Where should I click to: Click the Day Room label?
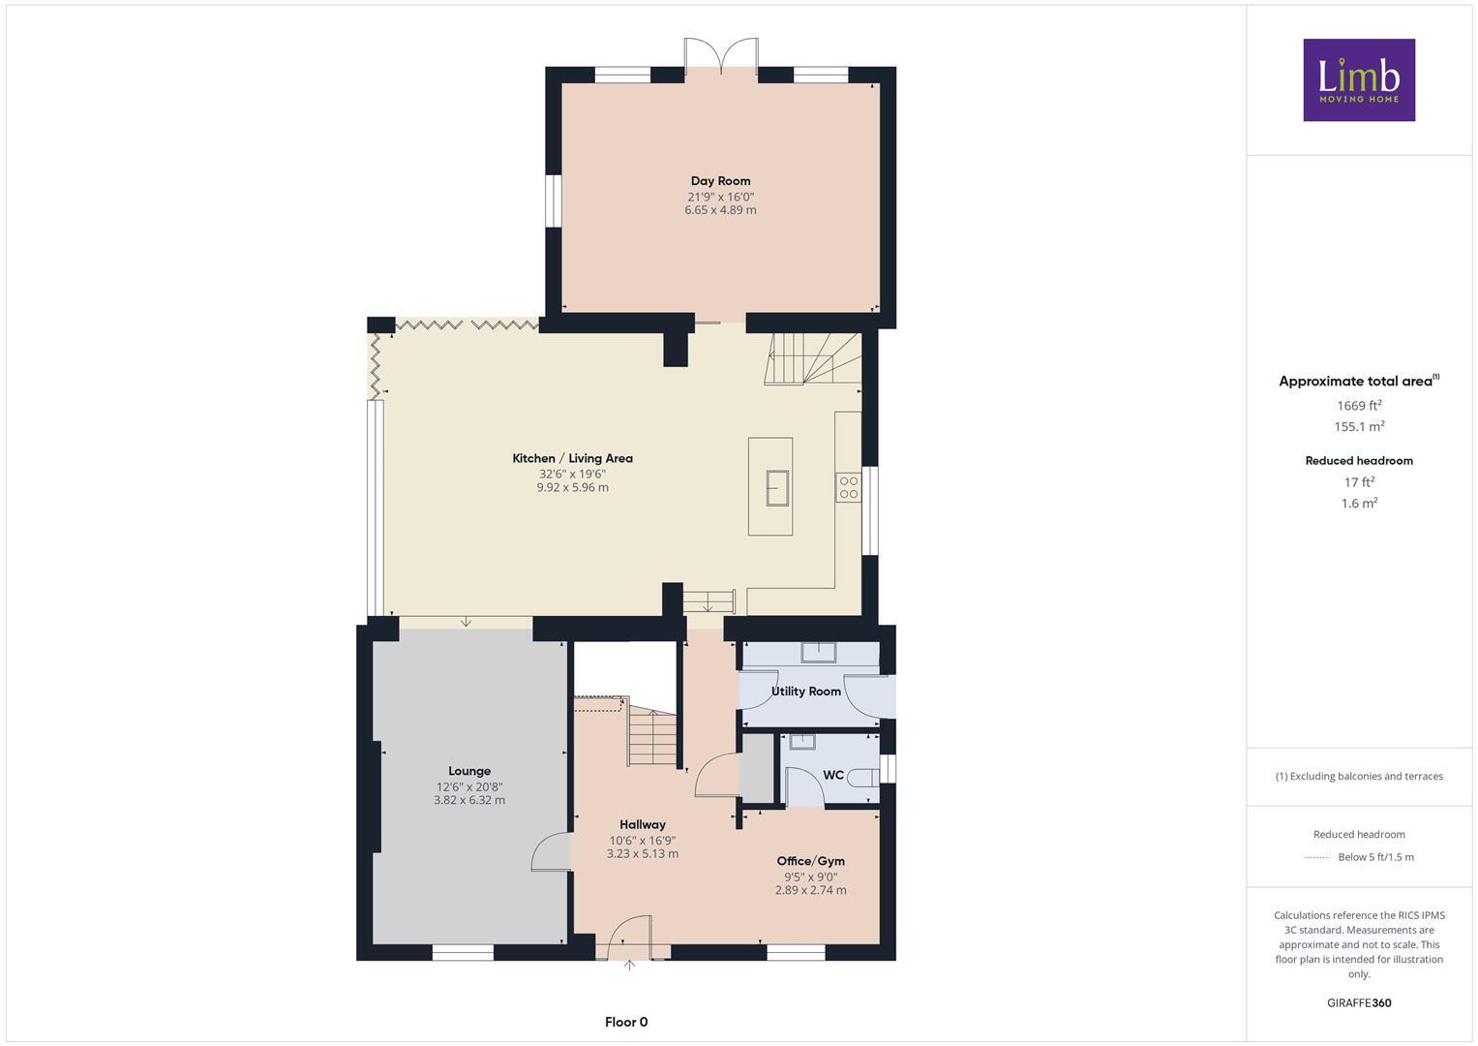pyautogui.click(x=720, y=181)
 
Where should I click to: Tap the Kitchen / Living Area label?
pyautogui.click(x=572, y=458)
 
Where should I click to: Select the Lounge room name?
pyautogui.click(x=468, y=771)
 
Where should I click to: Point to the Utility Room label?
pyautogui.click(x=805, y=692)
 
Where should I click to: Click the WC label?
pyautogui.click(x=832, y=776)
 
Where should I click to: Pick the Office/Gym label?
pyautogui.click(x=810, y=861)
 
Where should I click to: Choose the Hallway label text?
pyautogui.click(x=642, y=824)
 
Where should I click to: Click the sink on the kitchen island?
pyautogui.click(x=777, y=487)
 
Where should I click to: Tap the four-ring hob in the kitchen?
pyautogui.click(x=848, y=487)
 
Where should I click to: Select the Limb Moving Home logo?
pyautogui.click(x=1358, y=79)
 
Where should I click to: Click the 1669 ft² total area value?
pyautogui.click(x=1358, y=406)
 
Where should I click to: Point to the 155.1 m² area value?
pyautogui.click(x=1358, y=426)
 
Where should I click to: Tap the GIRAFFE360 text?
pyautogui.click(x=1358, y=1002)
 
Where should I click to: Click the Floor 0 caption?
pyautogui.click(x=625, y=1022)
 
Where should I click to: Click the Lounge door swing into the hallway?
pyautogui.click(x=549, y=852)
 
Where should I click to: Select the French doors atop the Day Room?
pyautogui.click(x=720, y=54)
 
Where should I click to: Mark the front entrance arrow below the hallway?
pyautogui.click(x=629, y=965)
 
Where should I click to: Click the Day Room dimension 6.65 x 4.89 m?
pyautogui.click(x=720, y=210)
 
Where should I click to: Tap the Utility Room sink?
pyautogui.click(x=818, y=652)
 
